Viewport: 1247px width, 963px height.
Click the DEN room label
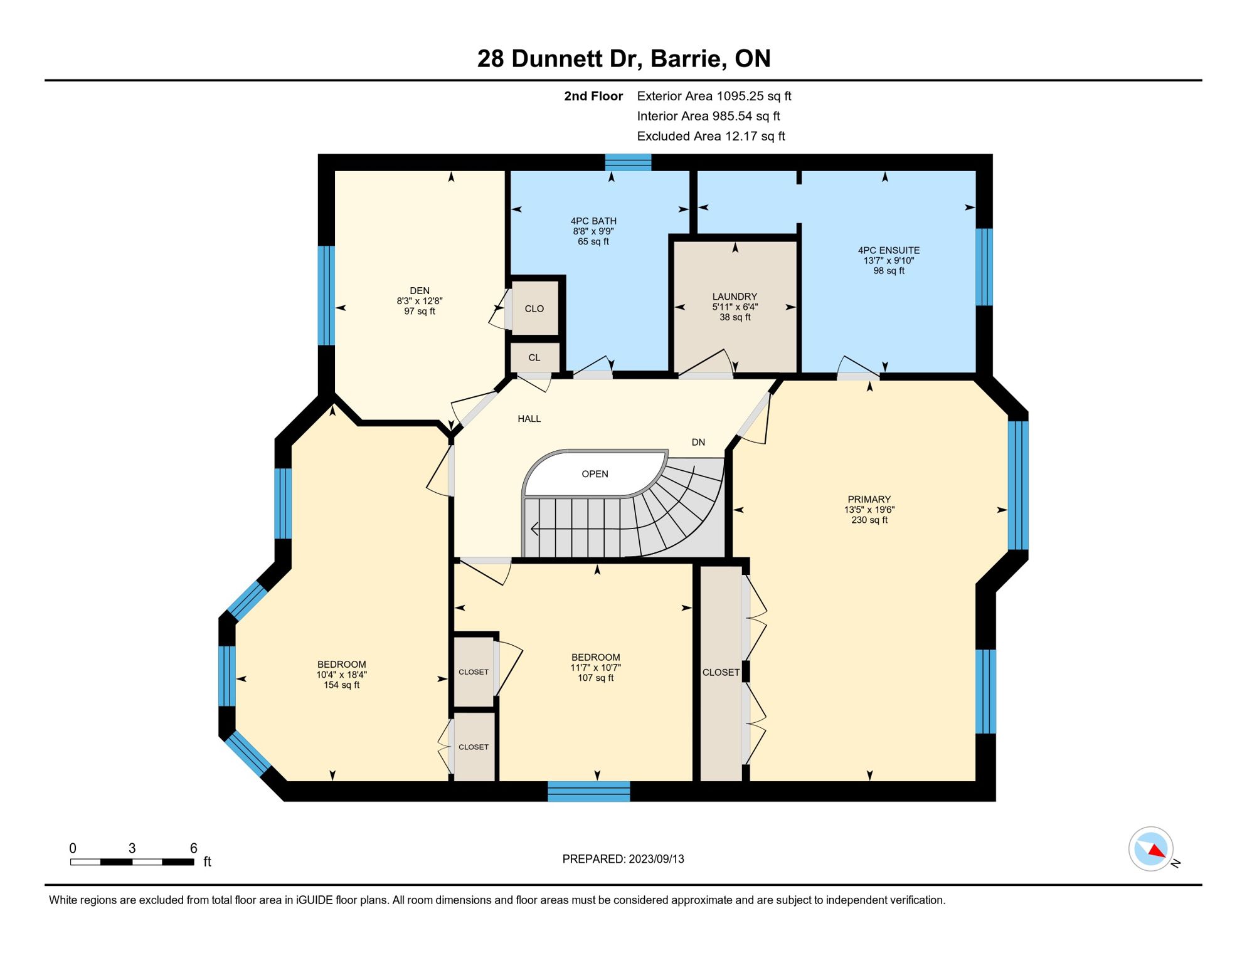(x=420, y=290)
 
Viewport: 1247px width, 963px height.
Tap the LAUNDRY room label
(x=735, y=297)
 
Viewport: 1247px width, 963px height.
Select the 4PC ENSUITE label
(x=889, y=250)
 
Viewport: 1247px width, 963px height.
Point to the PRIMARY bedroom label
(x=869, y=500)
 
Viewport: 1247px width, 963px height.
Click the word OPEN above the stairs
(x=595, y=474)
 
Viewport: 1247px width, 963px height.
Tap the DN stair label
(x=698, y=442)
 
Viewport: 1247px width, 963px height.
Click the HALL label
(x=529, y=419)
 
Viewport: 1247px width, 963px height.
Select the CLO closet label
(x=534, y=308)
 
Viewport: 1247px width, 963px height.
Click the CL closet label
(x=534, y=357)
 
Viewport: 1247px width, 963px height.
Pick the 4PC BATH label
(x=593, y=221)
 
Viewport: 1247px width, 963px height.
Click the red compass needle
(x=1157, y=851)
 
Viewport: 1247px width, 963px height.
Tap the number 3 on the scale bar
(x=132, y=848)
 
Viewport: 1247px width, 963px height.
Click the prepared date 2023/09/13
(x=656, y=859)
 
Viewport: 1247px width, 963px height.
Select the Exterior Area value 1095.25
(x=740, y=96)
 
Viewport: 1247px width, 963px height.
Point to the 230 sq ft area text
(x=869, y=520)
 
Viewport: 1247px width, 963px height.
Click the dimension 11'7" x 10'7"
(x=595, y=668)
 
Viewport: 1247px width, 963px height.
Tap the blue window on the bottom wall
(x=588, y=791)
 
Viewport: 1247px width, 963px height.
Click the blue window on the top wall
(x=628, y=162)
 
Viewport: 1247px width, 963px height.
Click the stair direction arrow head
(x=535, y=529)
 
